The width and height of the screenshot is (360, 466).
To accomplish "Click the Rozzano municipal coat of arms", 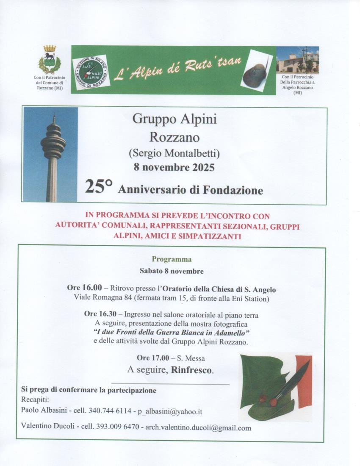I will click(x=50, y=60).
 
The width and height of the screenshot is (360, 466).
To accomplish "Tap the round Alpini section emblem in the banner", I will click(x=90, y=71).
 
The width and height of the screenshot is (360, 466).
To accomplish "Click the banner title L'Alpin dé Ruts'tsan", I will click(x=177, y=67).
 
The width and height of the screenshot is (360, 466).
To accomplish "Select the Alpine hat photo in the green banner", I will click(x=256, y=71).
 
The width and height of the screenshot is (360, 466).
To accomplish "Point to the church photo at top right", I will click(x=297, y=60).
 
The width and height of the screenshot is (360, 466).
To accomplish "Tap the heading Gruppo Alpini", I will click(x=174, y=119).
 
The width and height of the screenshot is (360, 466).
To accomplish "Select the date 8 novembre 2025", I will click(x=174, y=167).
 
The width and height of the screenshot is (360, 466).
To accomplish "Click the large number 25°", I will click(x=99, y=187).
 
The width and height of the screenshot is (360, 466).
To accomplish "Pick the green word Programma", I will click(x=172, y=259).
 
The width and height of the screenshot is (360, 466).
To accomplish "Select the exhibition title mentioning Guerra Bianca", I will click(x=171, y=333).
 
